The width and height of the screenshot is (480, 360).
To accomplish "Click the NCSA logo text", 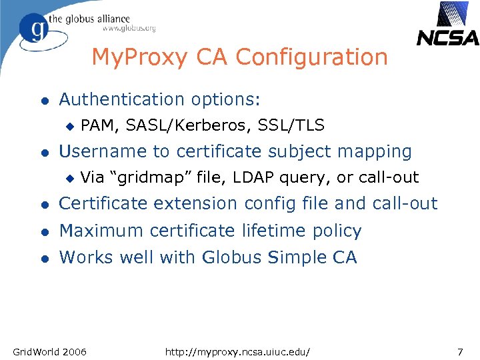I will coord(447,37).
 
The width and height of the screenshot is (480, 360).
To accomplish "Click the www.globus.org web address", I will coord(129,28).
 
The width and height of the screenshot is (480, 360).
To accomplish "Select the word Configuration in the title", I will coord(311,57).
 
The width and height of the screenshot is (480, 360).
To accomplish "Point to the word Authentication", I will coord(119,99).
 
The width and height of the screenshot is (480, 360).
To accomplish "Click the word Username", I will coord(103,151).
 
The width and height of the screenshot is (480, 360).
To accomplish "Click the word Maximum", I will coord(101,231).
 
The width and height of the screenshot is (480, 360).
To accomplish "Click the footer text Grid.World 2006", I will coord(49,351).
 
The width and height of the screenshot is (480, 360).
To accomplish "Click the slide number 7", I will coord(459,351).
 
